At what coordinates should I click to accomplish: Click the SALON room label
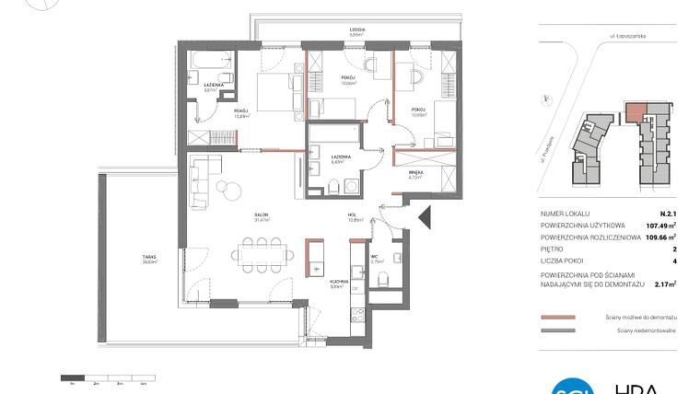click(262, 217)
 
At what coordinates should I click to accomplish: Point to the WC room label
click(376, 259)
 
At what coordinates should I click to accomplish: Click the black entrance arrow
click(425, 218)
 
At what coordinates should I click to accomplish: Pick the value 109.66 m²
click(661, 237)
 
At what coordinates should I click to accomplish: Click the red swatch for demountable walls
click(558, 316)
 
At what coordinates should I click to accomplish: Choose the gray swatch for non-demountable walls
click(558, 328)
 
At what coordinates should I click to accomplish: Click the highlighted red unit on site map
click(635, 113)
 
